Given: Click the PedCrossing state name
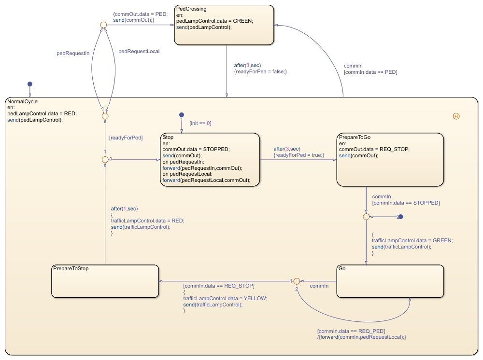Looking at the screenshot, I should (x=191, y=9).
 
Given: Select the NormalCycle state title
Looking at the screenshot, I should (x=22, y=101).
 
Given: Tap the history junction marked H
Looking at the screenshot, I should (x=456, y=116).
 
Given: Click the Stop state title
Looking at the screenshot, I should (x=168, y=138).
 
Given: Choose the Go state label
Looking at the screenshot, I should (x=342, y=268).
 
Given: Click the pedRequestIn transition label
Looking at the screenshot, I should (x=73, y=54).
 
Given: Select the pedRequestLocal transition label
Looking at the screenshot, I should (x=139, y=51).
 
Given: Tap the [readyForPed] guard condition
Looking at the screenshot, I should (x=126, y=138).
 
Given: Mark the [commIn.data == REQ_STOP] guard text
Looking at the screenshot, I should (x=219, y=286).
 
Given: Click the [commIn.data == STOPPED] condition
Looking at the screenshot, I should (x=406, y=203).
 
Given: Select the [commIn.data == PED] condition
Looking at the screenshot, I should (x=370, y=72).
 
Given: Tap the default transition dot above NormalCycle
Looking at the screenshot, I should (x=30, y=84).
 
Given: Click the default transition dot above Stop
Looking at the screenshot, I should (x=182, y=115).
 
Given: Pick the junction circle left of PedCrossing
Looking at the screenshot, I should (x=103, y=25).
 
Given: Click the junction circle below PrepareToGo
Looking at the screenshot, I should (x=366, y=217).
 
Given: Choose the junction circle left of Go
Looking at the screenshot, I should (x=297, y=281).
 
